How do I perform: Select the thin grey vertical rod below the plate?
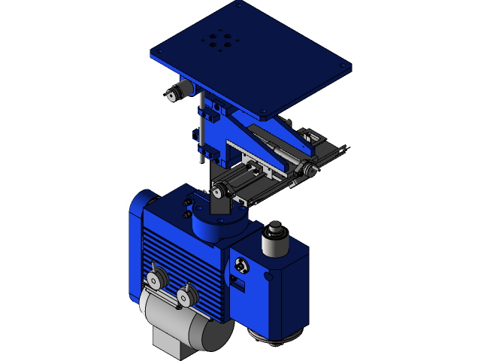point(201,128)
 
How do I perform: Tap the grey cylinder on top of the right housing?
point(274,240)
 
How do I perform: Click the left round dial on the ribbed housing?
point(156,279)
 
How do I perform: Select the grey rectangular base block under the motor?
point(171,346)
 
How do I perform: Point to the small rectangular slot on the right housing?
point(238,284)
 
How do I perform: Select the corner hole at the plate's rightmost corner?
point(343,66)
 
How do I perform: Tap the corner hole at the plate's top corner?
point(239,5)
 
